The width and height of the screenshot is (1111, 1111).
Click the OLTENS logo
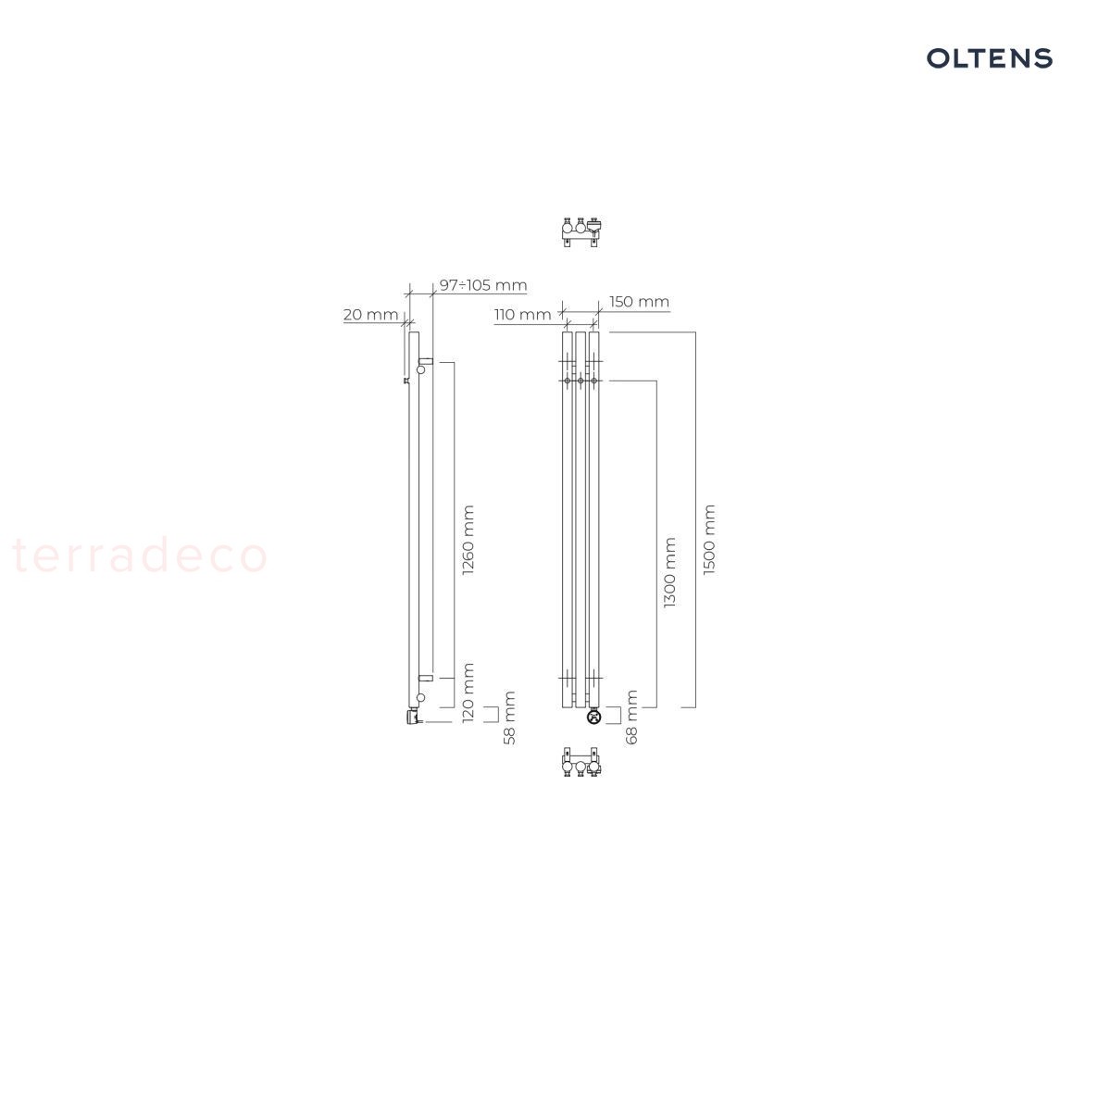(x=989, y=58)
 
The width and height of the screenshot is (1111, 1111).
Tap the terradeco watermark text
(x=139, y=555)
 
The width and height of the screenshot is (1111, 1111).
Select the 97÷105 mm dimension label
(x=483, y=285)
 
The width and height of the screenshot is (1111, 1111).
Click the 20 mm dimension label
(x=370, y=315)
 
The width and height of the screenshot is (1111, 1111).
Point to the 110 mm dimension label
(x=522, y=315)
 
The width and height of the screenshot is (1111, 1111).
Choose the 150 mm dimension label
(x=640, y=302)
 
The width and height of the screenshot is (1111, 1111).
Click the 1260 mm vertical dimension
(x=468, y=540)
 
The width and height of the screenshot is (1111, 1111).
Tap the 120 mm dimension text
(x=468, y=693)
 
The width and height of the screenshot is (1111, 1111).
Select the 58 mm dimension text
(x=509, y=718)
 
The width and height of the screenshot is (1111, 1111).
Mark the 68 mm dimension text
(x=632, y=717)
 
